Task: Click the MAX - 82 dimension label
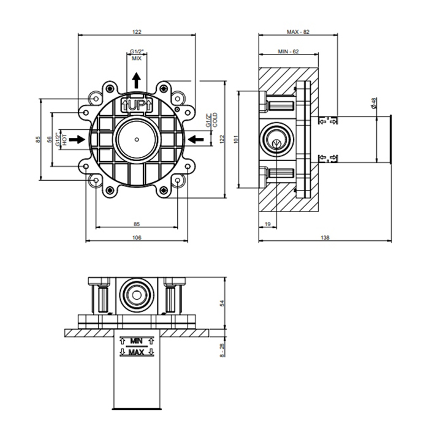(298, 32)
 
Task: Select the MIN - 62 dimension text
(289, 51)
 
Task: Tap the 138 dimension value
(325, 238)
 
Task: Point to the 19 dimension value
(268, 224)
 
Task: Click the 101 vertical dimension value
(237, 139)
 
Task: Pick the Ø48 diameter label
(374, 102)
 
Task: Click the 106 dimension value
(137, 238)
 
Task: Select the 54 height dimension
(222, 303)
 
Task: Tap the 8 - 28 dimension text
(222, 350)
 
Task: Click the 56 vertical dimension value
(50, 139)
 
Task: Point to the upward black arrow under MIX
(136, 80)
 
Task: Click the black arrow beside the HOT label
(77, 140)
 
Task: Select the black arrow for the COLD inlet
(196, 140)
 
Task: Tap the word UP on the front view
(137, 105)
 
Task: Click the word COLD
(215, 120)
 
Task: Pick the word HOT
(64, 140)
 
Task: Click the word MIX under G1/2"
(137, 58)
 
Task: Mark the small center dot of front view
(137, 140)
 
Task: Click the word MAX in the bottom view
(136, 352)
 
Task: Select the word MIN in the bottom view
(136, 341)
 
